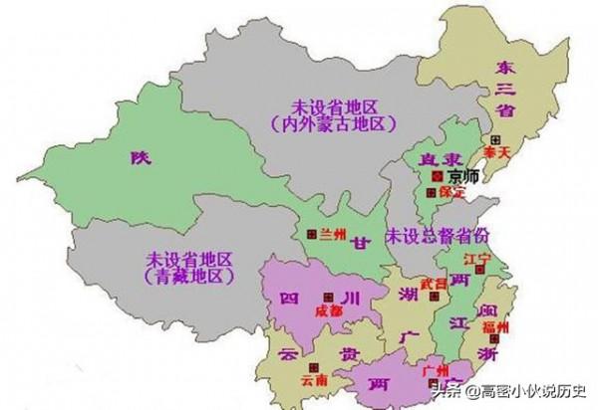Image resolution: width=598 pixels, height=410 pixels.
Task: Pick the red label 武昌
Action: pos(434,284)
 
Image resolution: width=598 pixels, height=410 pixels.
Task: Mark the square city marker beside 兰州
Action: pos(309,234)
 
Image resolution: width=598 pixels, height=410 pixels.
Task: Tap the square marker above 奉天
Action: pos(491,140)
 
